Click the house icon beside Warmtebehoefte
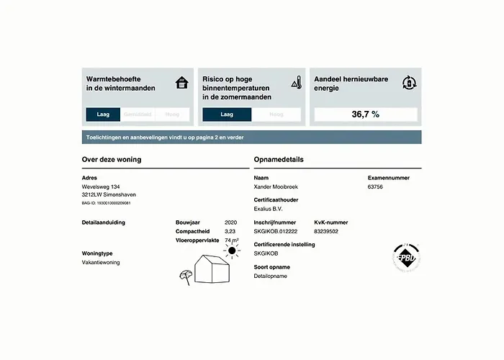pyautogui.click(x=182, y=83)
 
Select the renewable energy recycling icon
pyautogui.click(x=409, y=82)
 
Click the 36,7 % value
pyautogui.click(x=365, y=114)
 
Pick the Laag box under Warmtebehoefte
pyautogui.click(x=102, y=114)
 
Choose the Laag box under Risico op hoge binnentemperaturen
pyautogui.click(x=227, y=114)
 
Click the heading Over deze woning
pyautogui.click(x=112, y=159)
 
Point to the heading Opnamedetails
pyautogui.click(x=279, y=159)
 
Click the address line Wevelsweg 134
pyautogui.click(x=101, y=186)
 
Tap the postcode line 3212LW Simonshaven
pyautogui.click(x=109, y=194)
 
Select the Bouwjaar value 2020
pyautogui.click(x=230, y=222)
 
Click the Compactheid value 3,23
pyautogui.click(x=230, y=231)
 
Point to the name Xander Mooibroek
pyautogui.click(x=276, y=186)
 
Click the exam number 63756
pyautogui.click(x=375, y=186)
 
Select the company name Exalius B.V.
pyautogui.click(x=268, y=209)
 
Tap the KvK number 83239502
pyautogui.click(x=326, y=231)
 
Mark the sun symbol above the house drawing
pyautogui.click(x=231, y=251)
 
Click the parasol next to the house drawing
pyautogui.click(x=185, y=276)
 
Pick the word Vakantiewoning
pyautogui.click(x=101, y=262)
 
